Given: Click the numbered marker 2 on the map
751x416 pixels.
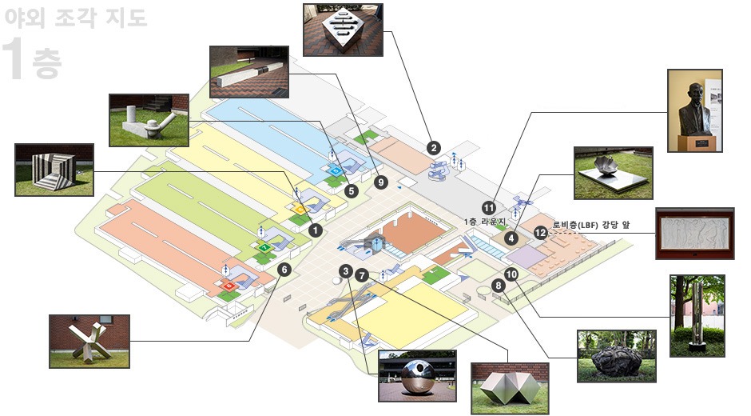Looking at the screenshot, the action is coord(434,148).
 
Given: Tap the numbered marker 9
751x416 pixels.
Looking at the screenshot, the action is coord(381,182).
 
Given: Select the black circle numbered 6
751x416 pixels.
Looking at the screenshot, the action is coord(284,270).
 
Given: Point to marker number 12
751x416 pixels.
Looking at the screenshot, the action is coord(541,233).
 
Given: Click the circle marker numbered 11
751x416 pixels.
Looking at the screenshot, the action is coord(488,208).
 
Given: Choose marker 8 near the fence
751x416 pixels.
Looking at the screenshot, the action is coord(498,286).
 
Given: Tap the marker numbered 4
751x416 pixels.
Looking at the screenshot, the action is coord(511,238).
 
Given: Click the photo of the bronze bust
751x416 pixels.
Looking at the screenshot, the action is coord(695,111).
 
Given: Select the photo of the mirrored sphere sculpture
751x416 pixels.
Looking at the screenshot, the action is coord(417,376).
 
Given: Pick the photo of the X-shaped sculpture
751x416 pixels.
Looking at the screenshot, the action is coord(89,342).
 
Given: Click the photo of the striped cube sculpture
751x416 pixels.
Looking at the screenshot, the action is coord(54,170).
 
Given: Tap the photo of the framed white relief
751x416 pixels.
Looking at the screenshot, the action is coord(695,234).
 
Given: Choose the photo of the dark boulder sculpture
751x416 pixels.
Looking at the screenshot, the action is coord(617,356).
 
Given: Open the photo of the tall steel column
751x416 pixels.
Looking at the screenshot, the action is coord(697,316).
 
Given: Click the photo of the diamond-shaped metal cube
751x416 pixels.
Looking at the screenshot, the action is coord(343,30).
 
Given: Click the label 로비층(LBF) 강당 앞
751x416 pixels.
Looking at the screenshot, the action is coord(591,225).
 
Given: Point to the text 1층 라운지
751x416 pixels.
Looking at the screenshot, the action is coord(485,222).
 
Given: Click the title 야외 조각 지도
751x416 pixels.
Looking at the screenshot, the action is coord(76,18).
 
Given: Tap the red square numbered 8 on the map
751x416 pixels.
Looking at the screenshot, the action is coord(229,286).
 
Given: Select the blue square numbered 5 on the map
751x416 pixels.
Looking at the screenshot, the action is coord(336,170).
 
